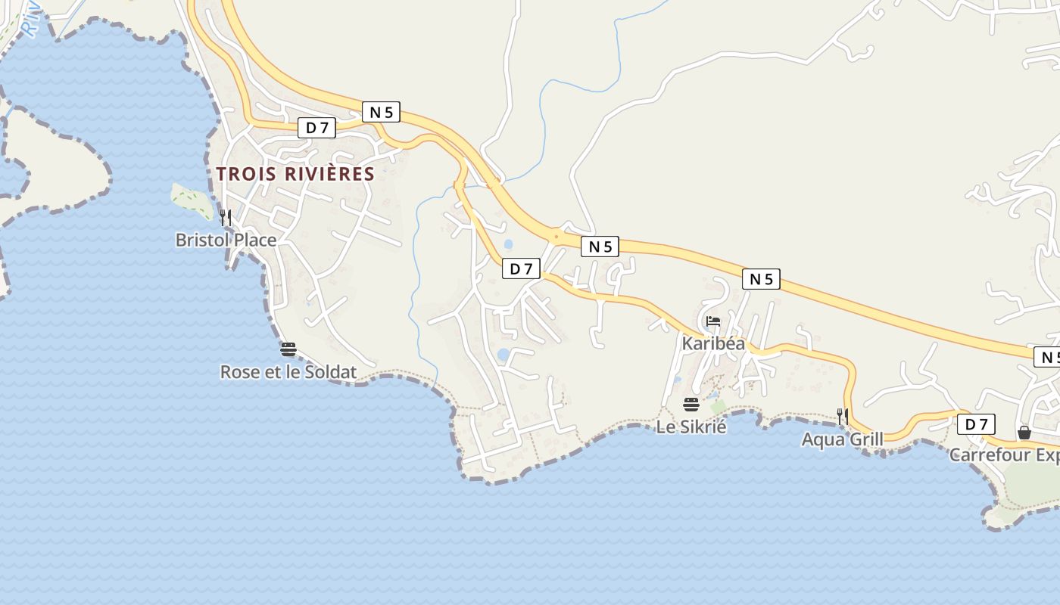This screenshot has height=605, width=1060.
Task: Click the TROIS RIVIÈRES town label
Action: pyautogui.click(x=295, y=174)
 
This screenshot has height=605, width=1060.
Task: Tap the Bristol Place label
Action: pyautogui.click(x=226, y=240)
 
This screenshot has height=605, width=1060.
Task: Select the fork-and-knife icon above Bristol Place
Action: pyautogui.click(x=226, y=218)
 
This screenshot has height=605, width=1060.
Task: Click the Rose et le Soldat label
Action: pyautogui.click(x=288, y=372)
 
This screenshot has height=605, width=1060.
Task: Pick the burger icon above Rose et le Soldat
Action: pyautogui.click(x=288, y=349)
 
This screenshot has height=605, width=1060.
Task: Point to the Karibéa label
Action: pyautogui.click(x=713, y=343)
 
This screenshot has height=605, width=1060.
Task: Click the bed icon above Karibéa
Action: pyautogui.click(x=713, y=321)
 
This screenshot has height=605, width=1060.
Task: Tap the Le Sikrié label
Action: pyautogui.click(x=691, y=427)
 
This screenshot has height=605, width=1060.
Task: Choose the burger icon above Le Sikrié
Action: pyautogui.click(x=691, y=404)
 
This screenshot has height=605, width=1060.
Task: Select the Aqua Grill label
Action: pyautogui.click(x=842, y=439)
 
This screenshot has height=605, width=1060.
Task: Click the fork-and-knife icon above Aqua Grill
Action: pyautogui.click(x=842, y=416)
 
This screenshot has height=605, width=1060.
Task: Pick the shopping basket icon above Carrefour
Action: pyautogui.click(x=1024, y=433)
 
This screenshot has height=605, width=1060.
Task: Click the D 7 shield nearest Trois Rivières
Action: pyautogui.click(x=316, y=128)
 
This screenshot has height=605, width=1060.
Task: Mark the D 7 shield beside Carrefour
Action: pyautogui.click(x=976, y=424)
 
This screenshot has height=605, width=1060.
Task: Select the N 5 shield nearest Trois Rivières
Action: pyautogui.click(x=381, y=112)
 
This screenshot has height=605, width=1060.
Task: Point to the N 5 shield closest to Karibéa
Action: pyautogui.click(x=761, y=279)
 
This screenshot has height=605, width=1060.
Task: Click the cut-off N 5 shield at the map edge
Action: pyautogui.click(x=1047, y=357)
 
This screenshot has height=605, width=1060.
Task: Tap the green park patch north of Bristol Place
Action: pyautogui.click(x=192, y=201)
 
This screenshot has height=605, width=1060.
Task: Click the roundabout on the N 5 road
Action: pyautogui.click(x=556, y=237)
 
